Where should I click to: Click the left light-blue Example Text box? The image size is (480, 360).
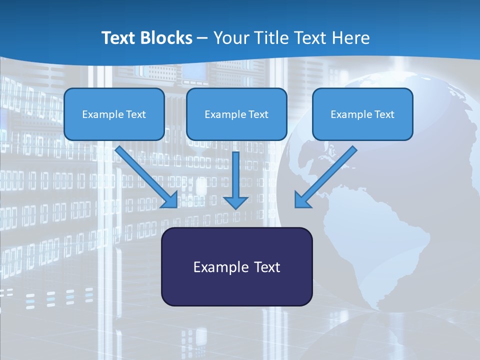(114, 114)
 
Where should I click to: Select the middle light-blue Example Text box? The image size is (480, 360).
(236, 114)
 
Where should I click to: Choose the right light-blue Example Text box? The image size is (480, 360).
(362, 114)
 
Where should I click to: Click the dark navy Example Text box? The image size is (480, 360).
(236, 266)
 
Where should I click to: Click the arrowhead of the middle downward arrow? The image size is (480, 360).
(235, 202)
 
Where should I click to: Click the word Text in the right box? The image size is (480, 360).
(384, 114)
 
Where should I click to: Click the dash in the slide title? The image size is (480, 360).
(202, 38)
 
